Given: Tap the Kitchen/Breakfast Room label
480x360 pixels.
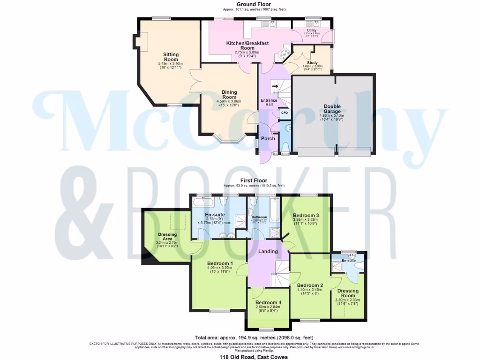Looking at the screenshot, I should pos(247,45).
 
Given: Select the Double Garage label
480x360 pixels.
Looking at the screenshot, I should pos(332,109).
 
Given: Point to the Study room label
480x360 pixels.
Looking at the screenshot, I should pos(312,63).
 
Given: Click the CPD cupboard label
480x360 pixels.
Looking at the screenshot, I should pos(284,113).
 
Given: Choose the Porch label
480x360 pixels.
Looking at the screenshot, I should pos(268,139).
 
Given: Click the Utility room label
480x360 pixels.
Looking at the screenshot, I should pos(312,30).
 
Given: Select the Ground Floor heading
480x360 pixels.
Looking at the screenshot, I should pos(254,4).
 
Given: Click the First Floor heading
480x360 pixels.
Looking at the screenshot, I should pos(254,180).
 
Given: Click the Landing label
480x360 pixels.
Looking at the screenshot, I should pos(268,251).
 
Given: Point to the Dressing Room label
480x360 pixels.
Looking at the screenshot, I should pos(347,293).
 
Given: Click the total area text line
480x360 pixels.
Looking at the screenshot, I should pos(254,337).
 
